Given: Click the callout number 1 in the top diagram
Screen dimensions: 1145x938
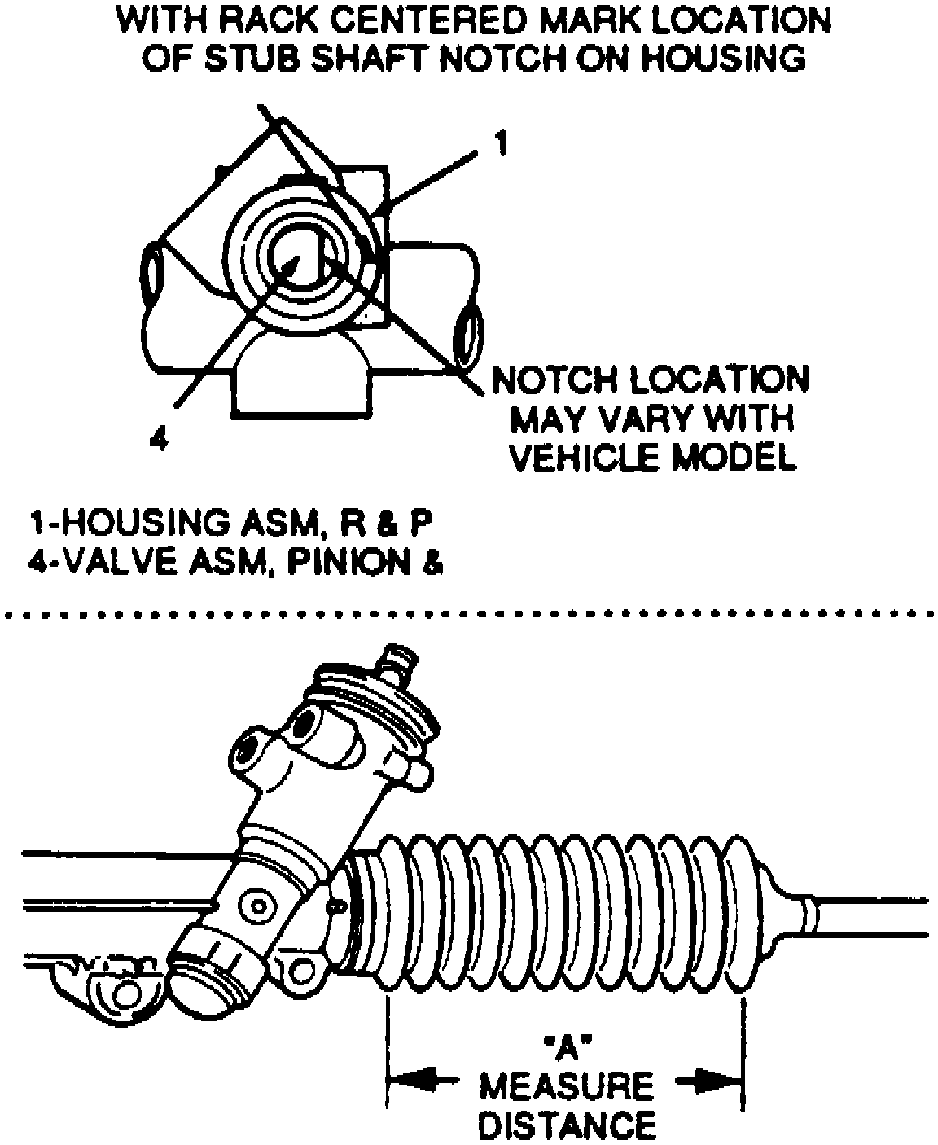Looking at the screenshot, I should [501, 144].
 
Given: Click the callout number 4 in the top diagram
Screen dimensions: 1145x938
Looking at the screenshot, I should [160, 440].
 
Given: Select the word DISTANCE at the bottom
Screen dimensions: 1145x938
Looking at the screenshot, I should [566, 1125].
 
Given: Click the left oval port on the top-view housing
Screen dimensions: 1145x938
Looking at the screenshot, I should [152, 273].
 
